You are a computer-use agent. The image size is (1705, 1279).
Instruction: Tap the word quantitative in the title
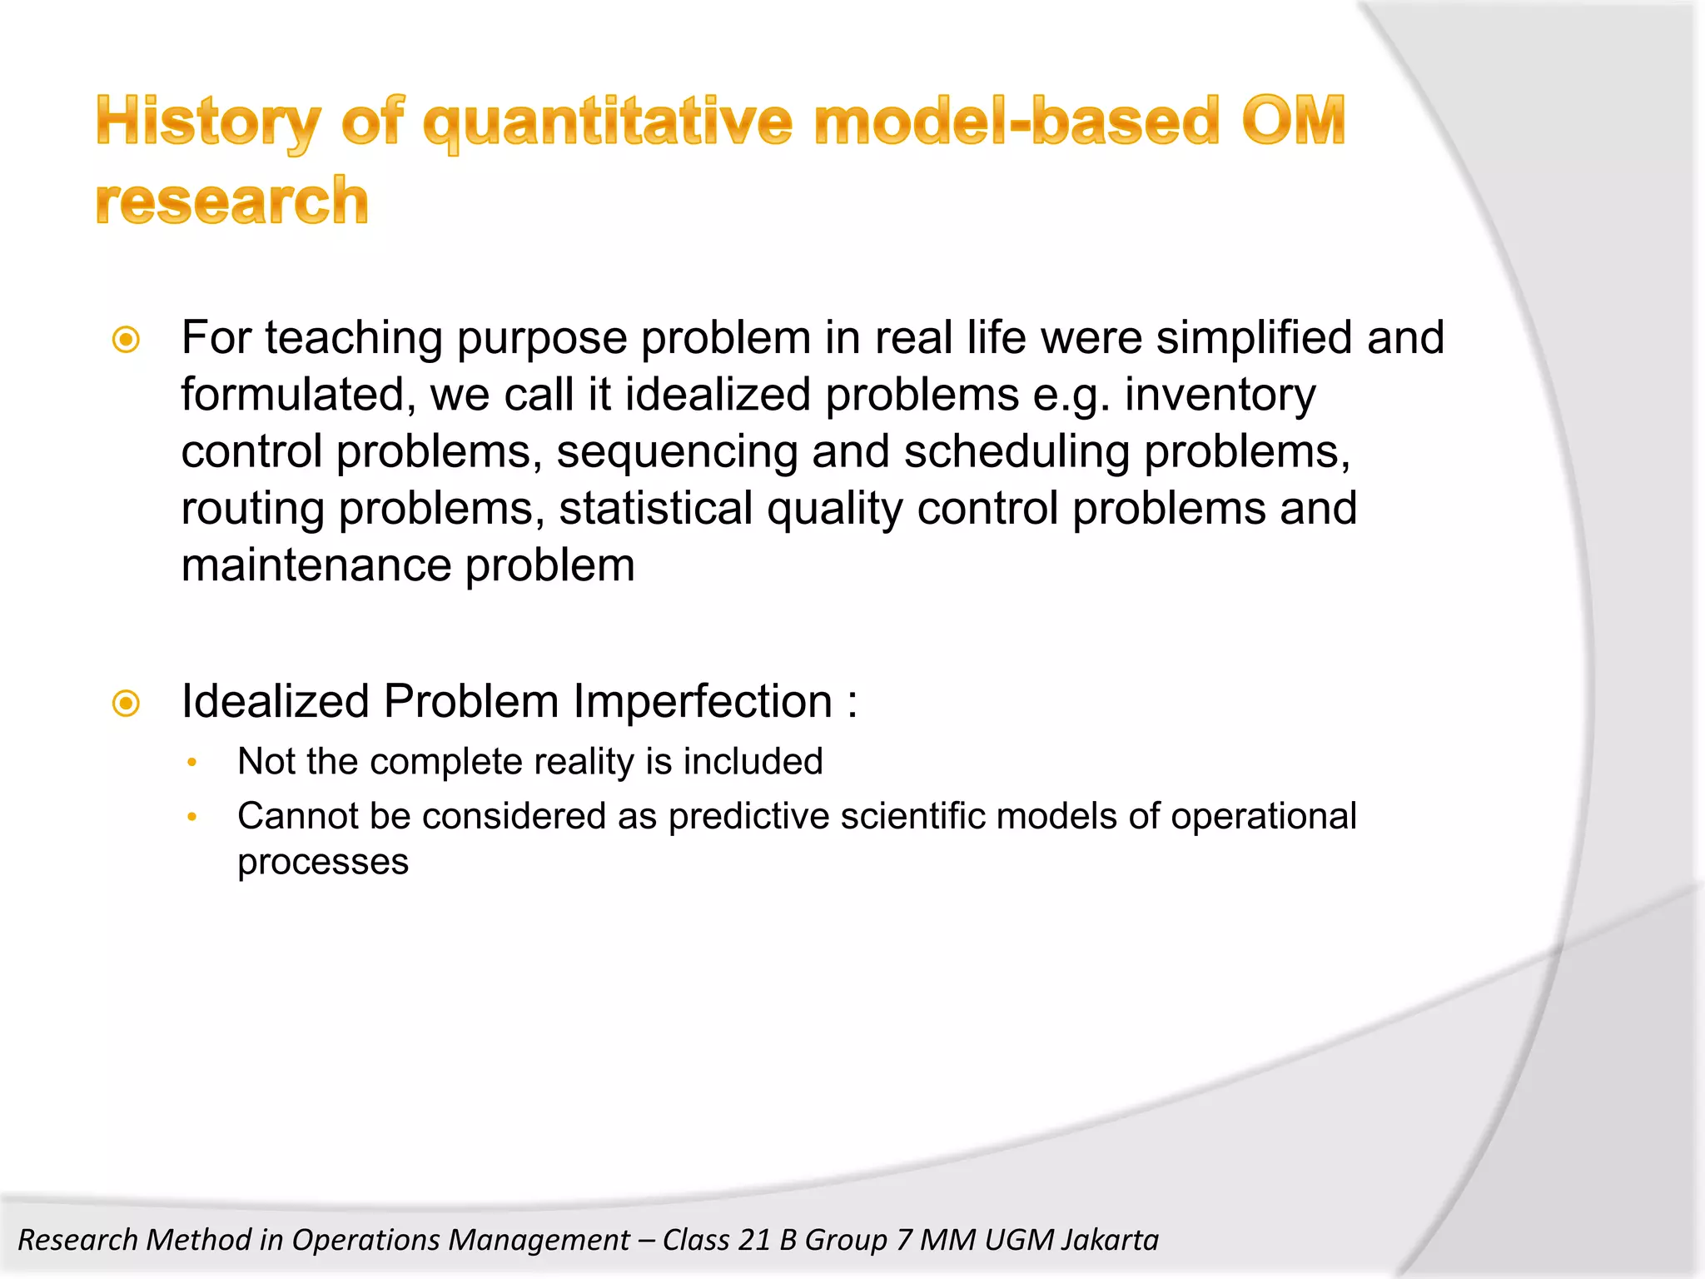[607, 122]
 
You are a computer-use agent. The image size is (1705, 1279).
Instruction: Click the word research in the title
[232, 202]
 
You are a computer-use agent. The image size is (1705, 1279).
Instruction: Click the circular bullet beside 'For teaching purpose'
[127, 340]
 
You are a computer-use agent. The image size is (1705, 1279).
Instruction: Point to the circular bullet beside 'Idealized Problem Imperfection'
[127, 704]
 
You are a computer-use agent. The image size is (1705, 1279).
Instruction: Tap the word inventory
[1220, 395]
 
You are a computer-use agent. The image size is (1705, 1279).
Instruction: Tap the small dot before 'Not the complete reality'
[192, 763]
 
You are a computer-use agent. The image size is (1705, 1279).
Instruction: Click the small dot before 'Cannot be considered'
[192, 818]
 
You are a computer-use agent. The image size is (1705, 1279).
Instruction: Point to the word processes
[323, 863]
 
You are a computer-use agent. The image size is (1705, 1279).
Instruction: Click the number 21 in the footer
[754, 1240]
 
